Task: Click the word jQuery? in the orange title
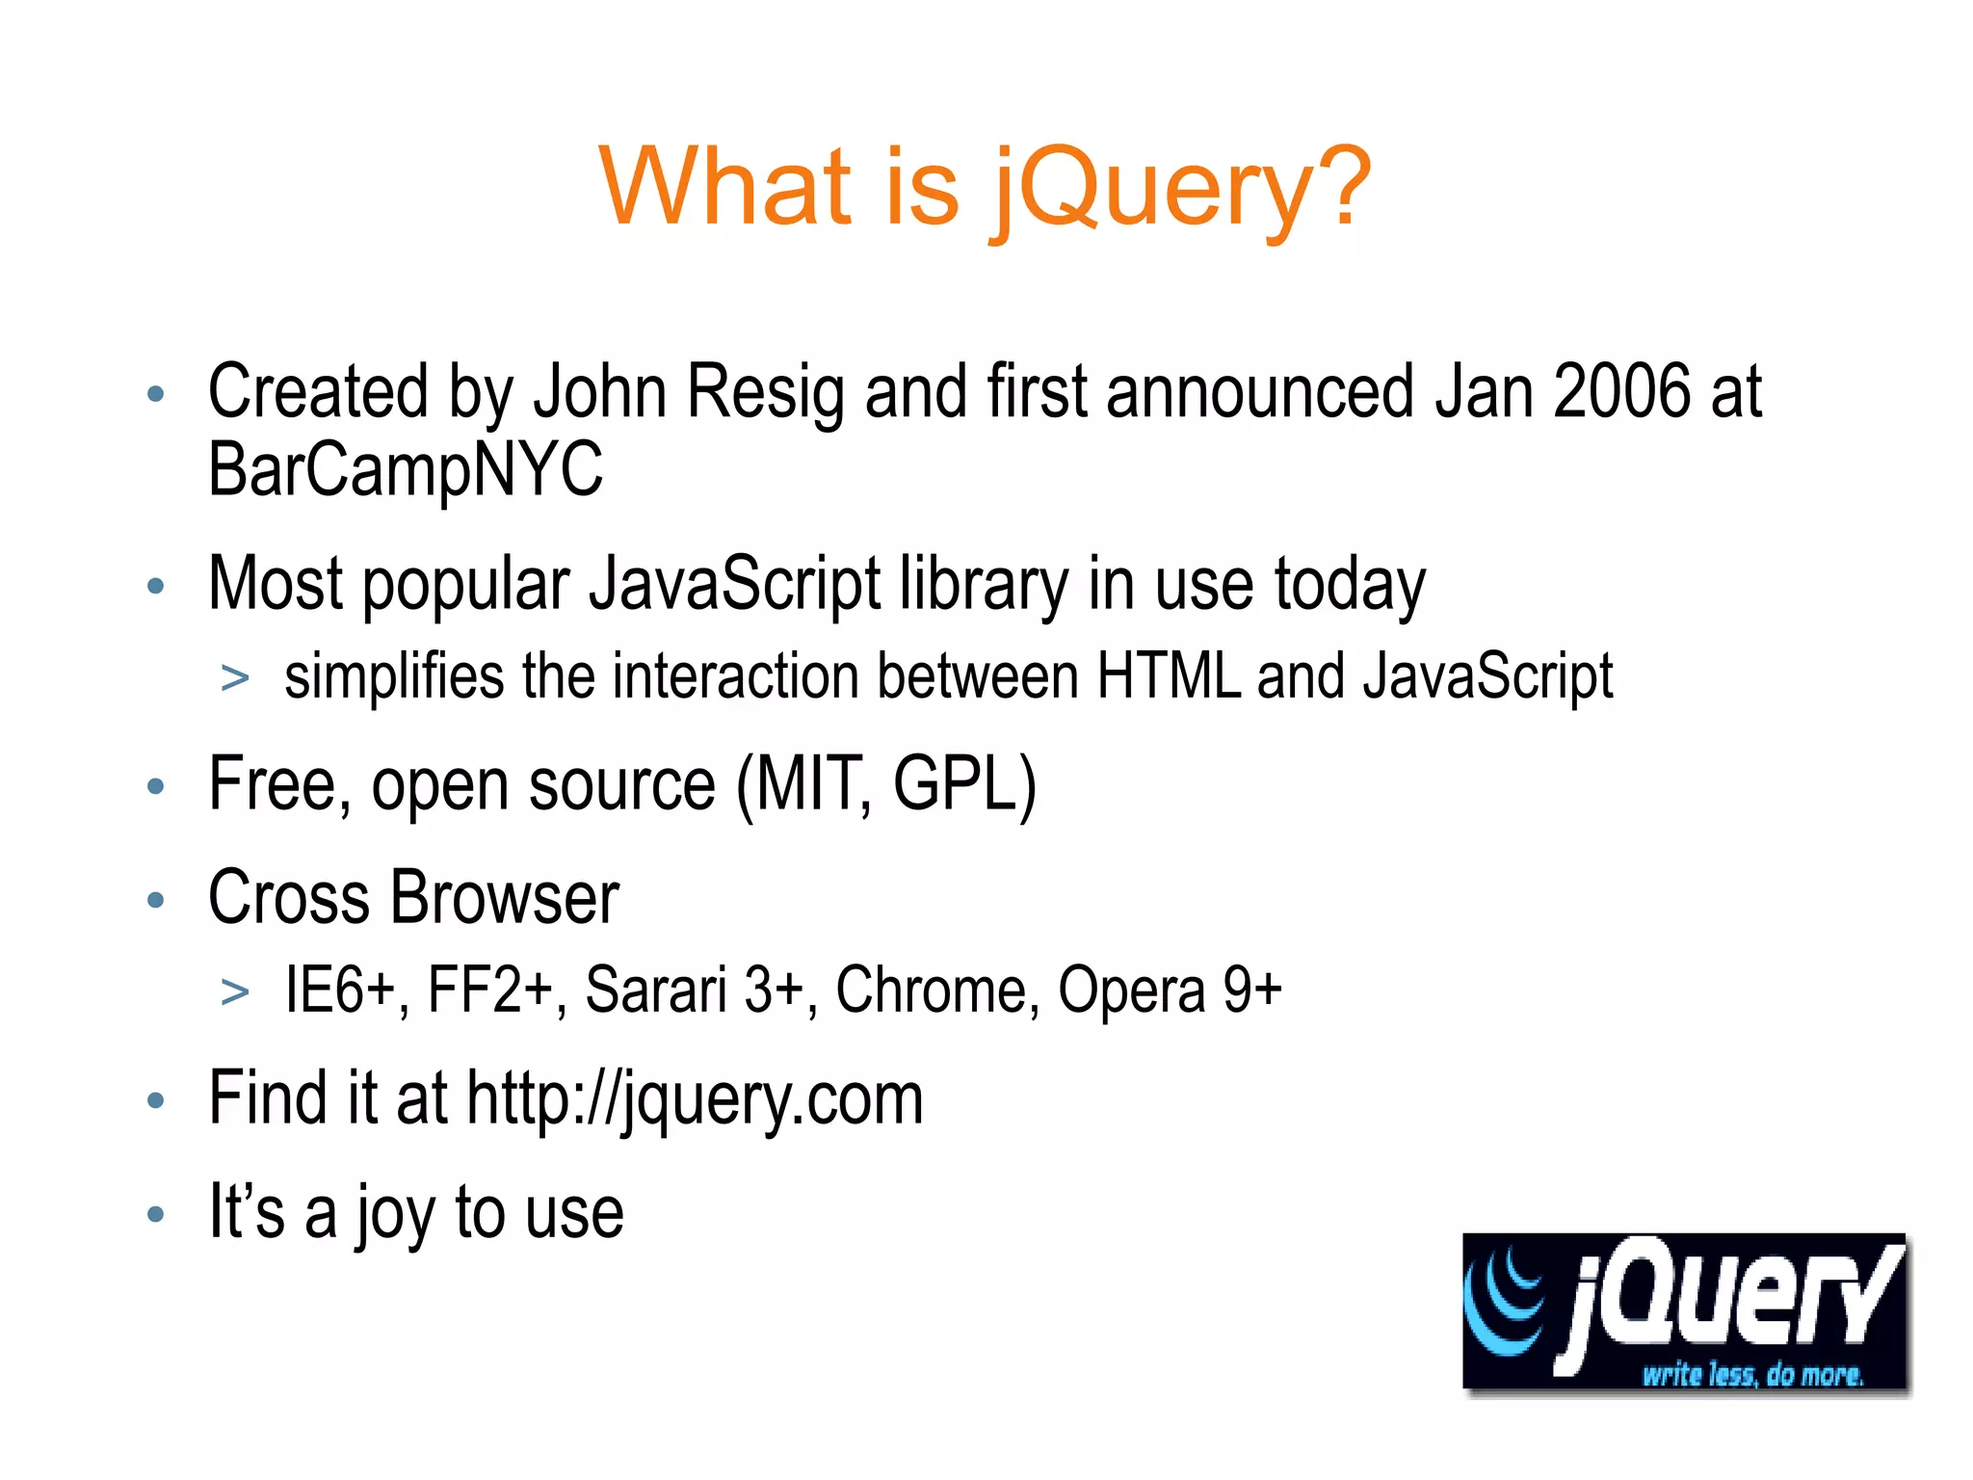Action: click(1181, 188)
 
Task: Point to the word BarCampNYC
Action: click(406, 469)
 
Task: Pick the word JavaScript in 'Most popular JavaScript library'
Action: click(735, 585)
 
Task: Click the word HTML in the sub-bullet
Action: click(1169, 676)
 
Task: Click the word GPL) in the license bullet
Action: click(964, 785)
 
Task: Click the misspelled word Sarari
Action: click(655, 990)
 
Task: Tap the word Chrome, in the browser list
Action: click(937, 991)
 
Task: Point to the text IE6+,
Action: click(347, 991)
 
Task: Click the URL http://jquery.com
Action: click(695, 1100)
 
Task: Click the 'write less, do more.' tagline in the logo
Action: click(1752, 1375)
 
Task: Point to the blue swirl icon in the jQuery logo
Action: click(1505, 1301)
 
